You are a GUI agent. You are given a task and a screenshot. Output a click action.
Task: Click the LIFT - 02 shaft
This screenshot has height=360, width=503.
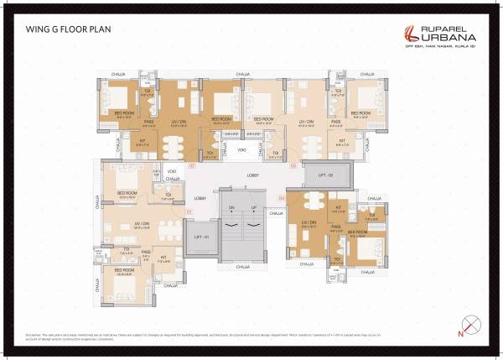[325, 174]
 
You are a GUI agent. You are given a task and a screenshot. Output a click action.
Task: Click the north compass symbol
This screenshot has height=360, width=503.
[472, 323]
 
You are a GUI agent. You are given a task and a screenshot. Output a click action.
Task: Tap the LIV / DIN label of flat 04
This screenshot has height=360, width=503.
[308, 224]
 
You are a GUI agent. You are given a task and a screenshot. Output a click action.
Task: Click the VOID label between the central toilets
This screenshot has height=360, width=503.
[241, 150]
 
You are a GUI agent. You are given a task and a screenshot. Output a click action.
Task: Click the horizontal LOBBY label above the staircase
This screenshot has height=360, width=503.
[252, 175]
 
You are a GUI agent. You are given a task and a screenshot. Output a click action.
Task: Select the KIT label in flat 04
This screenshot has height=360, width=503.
[340, 206]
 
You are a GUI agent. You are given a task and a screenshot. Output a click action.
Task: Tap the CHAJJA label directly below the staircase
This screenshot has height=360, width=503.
[242, 266]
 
